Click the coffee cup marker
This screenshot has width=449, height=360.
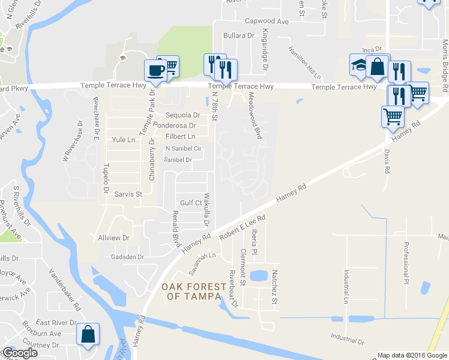(x=155, y=70)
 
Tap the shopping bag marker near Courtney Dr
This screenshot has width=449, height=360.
(x=88, y=335)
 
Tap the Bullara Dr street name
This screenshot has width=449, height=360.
(x=239, y=36)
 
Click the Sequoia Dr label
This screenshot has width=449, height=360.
(x=183, y=115)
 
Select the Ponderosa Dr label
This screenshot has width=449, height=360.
(x=175, y=125)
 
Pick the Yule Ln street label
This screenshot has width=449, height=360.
(x=124, y=140)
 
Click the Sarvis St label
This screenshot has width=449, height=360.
(x=128, y=194)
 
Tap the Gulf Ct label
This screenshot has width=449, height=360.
(x=191, y=203)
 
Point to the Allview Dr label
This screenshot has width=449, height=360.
(x=113, y=238)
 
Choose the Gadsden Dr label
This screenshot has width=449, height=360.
(x=127, y=257)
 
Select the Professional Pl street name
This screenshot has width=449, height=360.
(x=406, y=262)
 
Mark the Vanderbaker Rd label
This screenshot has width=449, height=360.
(x=65, y=289)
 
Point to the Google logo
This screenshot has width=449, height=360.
(x=19, y=353)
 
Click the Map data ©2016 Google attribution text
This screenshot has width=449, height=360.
(x=411, y=355)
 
